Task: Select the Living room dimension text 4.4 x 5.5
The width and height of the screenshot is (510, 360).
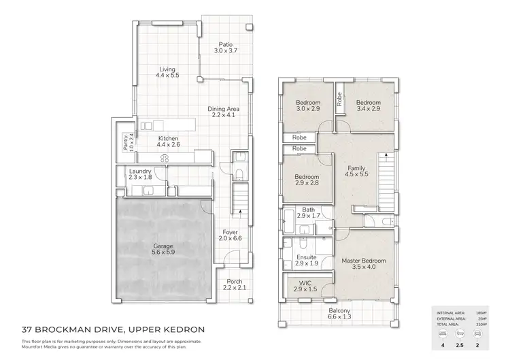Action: (x=167, y=76)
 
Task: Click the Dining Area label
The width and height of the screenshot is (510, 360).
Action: (x=224, y=108)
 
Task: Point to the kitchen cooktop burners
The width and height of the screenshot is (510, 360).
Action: (x=163, y=158)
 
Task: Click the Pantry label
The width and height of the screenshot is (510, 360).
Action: (x=125, y=142)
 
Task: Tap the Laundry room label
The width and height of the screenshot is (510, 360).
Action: (x=139, y=171)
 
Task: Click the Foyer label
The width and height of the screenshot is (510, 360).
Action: (x=229, y=231)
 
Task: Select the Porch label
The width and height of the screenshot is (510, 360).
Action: (x=233, y=282)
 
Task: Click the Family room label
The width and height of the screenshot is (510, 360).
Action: (x=356, y=167)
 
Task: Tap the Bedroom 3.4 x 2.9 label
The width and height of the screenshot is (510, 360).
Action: (x=368, y=102)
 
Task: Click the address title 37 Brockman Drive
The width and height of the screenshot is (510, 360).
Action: (x=112, y=330)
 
